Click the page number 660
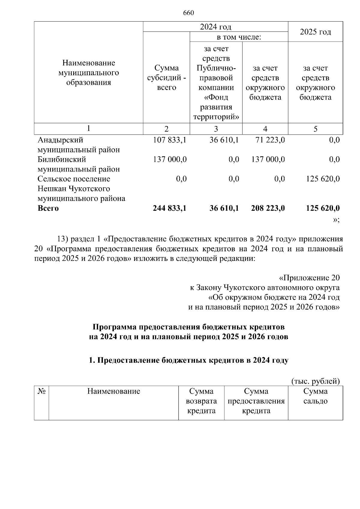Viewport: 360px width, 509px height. tap(188, 13)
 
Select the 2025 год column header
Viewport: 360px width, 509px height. tap(315, 32)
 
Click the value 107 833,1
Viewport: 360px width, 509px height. tap(169, 140)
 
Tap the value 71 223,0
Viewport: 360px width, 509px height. tap(268, 140)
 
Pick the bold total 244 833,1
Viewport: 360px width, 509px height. tap(169, 208)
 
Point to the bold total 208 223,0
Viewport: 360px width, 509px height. tap(268, 208)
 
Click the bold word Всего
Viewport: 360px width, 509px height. tap(48, 208)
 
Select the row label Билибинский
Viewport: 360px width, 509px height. tap(61, 159)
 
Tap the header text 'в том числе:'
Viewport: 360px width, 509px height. tap(239, 37)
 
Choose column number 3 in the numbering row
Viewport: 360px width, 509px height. tap(216, 129)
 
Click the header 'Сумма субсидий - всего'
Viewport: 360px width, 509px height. tap(166, 78)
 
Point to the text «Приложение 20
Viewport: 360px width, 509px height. tap(309, 278)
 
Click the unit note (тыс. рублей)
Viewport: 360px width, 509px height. tap(316, 381)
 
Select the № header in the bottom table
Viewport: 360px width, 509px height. tap(41, 391)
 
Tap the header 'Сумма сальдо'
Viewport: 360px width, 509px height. tap(315, 396)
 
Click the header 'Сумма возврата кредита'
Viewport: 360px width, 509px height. tap(201, 401)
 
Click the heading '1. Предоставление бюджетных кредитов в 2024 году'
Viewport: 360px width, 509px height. tap(189, 360)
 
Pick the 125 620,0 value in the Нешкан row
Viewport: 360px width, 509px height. tap(323, 179)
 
